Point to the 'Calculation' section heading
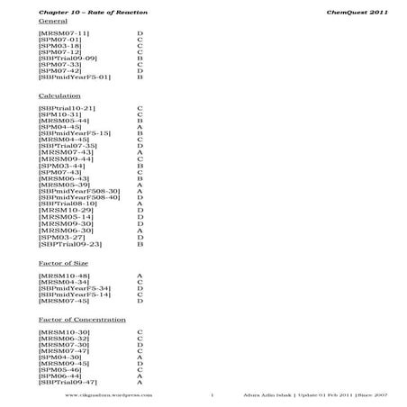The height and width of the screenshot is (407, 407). pos(59,95)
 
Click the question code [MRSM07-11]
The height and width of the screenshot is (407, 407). pos(64,32)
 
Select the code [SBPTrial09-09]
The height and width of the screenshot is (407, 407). pos(68,58)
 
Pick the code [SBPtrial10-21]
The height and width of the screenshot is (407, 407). pos(68,107)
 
